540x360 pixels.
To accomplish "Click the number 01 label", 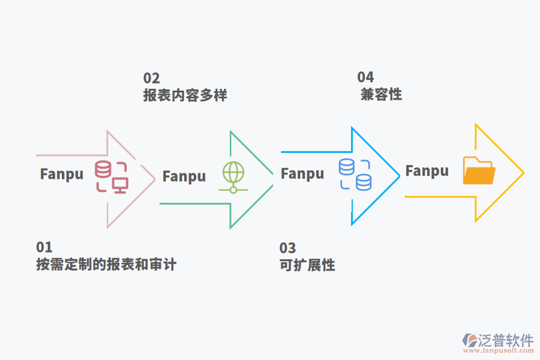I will pos(44,247).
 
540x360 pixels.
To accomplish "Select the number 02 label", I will pos(151,78).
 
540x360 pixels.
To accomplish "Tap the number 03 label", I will pos(287,248).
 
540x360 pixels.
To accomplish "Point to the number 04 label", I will pos(365,77).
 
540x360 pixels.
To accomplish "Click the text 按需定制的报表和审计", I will pos(106,265).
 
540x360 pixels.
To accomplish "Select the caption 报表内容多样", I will pos(185,95).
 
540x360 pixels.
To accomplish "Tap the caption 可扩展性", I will pos(307,265).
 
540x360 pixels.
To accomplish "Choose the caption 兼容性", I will pos(381,94).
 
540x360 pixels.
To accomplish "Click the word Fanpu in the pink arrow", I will pos(62,174).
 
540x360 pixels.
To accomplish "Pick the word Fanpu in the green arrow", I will pos(184,176).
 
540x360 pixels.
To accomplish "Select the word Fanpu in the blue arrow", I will pos(302,174).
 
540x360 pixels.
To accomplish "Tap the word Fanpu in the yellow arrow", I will pos(427,171).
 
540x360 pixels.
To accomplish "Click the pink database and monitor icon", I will pos(112,176).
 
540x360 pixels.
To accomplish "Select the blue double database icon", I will pos(355,175).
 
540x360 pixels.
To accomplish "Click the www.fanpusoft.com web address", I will pos(497,352).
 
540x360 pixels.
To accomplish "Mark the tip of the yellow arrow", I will pos(523,173).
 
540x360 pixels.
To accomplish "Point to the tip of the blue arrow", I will pos(399,176).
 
